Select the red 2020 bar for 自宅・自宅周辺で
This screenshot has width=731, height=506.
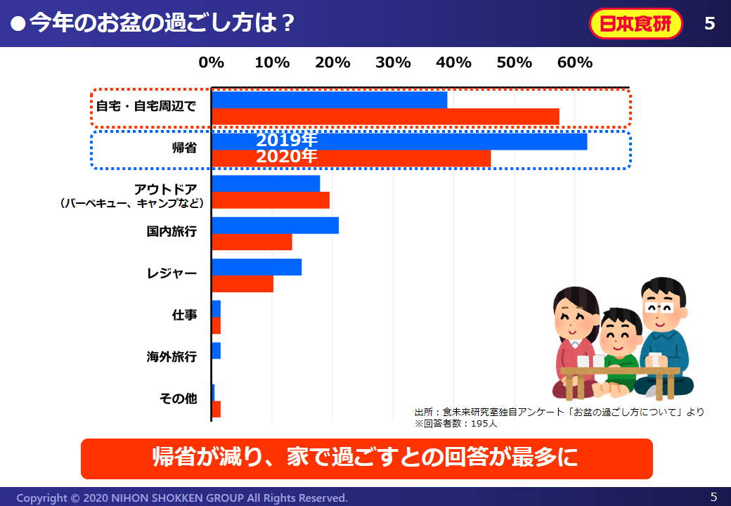click(x=385, y=117)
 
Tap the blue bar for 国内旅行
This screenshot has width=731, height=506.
click(x=275, y=226)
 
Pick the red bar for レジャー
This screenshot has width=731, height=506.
click(x=242, y=284)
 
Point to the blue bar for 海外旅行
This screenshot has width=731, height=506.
click(x=216, y=351)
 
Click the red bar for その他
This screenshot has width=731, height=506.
click(x=216, y=409)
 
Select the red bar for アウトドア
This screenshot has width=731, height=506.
click(x=271, y=200)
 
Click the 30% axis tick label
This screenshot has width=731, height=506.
click(x=393, y=63)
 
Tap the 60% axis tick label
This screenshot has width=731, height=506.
click(x=575, y=63)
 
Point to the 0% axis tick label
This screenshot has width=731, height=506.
click(x=212, y=63)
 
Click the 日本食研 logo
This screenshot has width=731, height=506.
click(x=635, y=24)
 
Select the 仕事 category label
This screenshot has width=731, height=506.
click(x=184, y=315)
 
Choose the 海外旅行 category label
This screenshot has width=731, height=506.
click(x=172, y=357)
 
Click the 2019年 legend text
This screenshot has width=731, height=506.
click(x=287, y=140)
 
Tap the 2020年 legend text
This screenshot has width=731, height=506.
click(x=287, y=156)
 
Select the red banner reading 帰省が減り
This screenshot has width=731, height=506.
click(x=366, y=458)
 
